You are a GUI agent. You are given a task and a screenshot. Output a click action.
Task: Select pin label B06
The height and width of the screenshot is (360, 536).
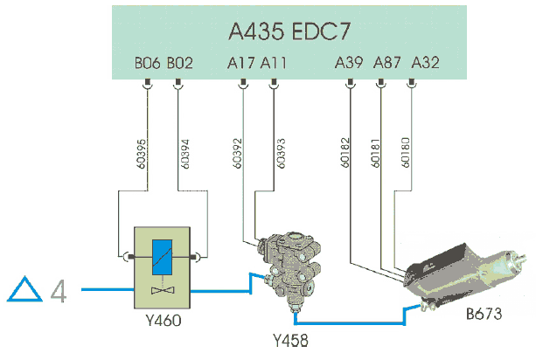pos(146,65)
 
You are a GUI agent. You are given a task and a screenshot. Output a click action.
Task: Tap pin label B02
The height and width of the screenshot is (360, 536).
pos(179,65)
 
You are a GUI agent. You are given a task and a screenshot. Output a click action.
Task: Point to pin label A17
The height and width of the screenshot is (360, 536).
pos(241,65)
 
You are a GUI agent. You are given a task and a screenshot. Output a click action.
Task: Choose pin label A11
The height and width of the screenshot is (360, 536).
pos(274,65)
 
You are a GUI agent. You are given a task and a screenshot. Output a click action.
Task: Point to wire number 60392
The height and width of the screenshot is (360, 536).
pos(237,149)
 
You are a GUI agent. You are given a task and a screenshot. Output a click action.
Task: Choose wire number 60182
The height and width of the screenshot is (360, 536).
pos(344,149)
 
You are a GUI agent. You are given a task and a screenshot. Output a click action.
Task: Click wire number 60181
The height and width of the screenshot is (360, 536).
pos(374,149)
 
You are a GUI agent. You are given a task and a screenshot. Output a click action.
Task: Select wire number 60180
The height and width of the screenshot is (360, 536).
pos(405,149)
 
